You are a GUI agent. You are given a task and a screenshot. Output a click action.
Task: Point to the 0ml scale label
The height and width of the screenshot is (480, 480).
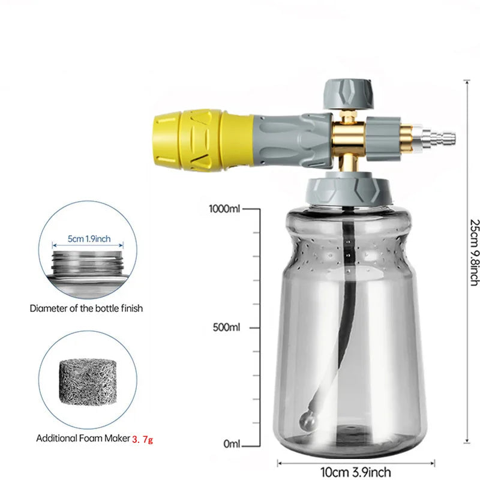231,445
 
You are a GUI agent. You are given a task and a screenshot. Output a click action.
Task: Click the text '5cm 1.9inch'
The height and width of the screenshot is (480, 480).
89,239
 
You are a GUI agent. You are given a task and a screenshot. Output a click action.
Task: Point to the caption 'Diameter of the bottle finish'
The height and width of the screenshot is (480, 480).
86,308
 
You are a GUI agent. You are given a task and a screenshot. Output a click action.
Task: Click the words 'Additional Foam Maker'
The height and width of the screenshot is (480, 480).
83,439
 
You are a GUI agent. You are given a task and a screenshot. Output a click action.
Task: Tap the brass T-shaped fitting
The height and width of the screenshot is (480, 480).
349,139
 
